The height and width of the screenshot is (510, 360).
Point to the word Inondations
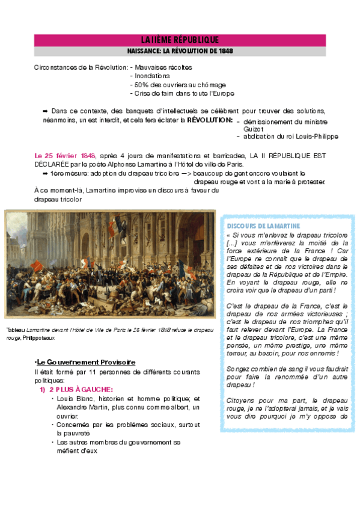click(153, 76)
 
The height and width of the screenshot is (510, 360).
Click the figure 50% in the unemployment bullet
click(142, 85)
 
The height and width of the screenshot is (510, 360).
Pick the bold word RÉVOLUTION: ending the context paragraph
click(209, 120)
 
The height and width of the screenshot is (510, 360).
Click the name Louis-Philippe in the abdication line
click(302, 137)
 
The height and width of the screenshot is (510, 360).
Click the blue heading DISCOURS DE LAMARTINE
click(260, 226)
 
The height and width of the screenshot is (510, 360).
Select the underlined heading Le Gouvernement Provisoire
click(86, 362)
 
